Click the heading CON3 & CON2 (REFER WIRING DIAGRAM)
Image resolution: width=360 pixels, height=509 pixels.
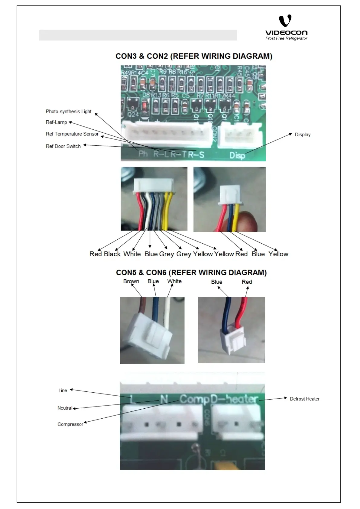(194, 56)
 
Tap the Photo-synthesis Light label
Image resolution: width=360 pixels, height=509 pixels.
(69, 112)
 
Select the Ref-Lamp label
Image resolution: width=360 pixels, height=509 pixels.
(56, 122)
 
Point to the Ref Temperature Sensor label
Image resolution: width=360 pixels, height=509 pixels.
(72, 134)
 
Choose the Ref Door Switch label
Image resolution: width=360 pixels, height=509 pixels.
(63, 146)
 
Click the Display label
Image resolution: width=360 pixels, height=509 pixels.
(303, 135)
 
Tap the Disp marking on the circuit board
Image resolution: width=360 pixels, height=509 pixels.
(237, 155)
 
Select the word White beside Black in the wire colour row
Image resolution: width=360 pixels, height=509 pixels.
(132, 254)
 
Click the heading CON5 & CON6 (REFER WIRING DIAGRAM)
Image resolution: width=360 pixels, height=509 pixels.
(191, 273)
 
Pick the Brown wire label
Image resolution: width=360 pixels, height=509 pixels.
(131, 281)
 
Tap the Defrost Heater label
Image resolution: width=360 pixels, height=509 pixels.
(304, 399)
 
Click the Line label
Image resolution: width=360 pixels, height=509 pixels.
(63, 391)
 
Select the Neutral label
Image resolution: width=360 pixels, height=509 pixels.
(65, 408)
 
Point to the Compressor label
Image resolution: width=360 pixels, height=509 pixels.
(70, 424)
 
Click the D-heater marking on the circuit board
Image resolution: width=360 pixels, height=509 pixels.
(234, 399)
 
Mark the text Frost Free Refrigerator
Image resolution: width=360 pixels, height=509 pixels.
(286, 38)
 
